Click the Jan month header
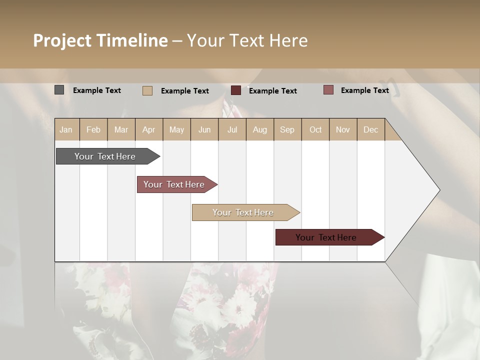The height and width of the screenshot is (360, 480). (x=66, y=129)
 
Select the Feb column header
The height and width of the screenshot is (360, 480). (x=93, y=129)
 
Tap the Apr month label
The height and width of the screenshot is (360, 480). (x=149, y=129)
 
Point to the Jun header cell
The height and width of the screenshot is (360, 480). (x=204, y=129)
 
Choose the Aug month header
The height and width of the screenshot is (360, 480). (x=260, y=129)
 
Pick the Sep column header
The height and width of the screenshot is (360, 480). (x=287, y=129)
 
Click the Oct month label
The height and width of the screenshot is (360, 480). (x=315, y=129)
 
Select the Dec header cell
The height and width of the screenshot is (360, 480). (x=371, y=129)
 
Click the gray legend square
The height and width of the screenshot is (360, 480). (x=59, y=90)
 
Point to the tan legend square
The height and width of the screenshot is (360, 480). (x=147, y=90)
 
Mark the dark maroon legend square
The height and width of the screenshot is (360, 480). (x=236, y=90)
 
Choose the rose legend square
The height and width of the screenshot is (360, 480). (x=328, y=90)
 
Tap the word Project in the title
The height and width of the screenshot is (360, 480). (x=61, y=40)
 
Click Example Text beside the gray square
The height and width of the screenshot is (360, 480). (x=97, y=90)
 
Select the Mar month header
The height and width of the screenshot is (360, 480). (x=121, y=129)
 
